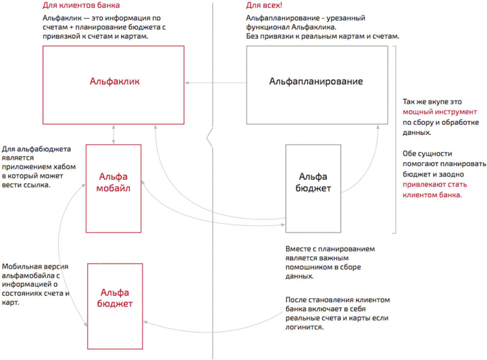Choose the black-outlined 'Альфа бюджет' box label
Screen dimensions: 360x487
[314, 183]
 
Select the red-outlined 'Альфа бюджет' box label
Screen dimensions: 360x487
[116, 298]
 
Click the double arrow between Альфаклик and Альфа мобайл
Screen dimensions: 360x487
[114, 134]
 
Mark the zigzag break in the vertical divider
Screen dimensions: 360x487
[211, 138]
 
